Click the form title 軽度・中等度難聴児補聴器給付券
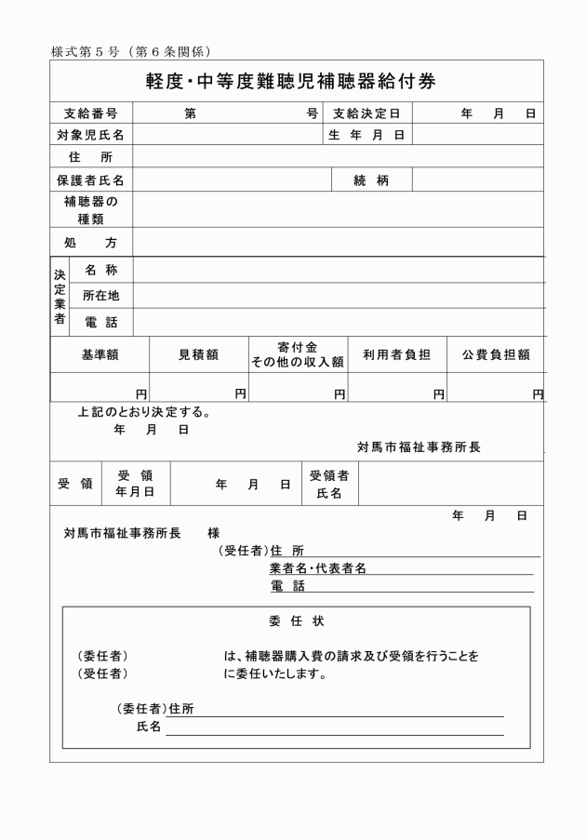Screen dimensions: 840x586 [x=290, y=81]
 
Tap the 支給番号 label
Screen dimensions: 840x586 [x=90, y=114]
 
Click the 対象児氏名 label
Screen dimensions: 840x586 [x=90, y=136]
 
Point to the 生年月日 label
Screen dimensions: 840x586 [x=366, y=136]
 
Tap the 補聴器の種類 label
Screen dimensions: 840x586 [x=90, y=210]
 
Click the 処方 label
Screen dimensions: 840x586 [x=90, y=243]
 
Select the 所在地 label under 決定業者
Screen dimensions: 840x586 [x=101, y=296]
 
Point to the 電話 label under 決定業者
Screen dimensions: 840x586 [x=101, y=322]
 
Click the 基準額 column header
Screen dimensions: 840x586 [x=100, y=354]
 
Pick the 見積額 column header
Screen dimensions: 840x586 [x=198, y=354]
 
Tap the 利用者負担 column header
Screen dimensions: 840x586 [x=396, y=354]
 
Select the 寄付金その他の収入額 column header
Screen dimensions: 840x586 [x=298, y=354]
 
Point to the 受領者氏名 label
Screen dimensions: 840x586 [x=329, y=485]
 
